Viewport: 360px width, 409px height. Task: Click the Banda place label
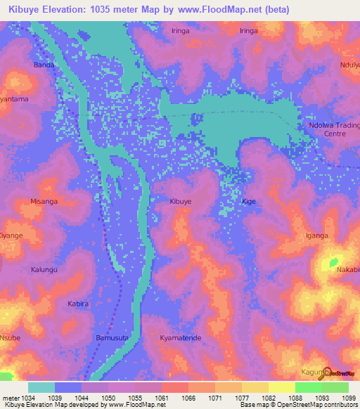pos(44,65)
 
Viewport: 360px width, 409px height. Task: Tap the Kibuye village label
pos(181,201)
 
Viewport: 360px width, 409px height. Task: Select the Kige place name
pos(249,201)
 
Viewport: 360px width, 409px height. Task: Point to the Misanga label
pos(44,201)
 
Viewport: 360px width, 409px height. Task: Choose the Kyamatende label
pos(181,338)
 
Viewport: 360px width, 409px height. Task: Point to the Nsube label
pos(10,338)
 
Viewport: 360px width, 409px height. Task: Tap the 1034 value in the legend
pos(26,397)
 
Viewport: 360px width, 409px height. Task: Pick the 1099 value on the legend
pos(349,397)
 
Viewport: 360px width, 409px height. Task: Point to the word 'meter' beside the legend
pos(8,397)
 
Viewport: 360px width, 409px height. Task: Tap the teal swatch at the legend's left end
pos(41,387)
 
